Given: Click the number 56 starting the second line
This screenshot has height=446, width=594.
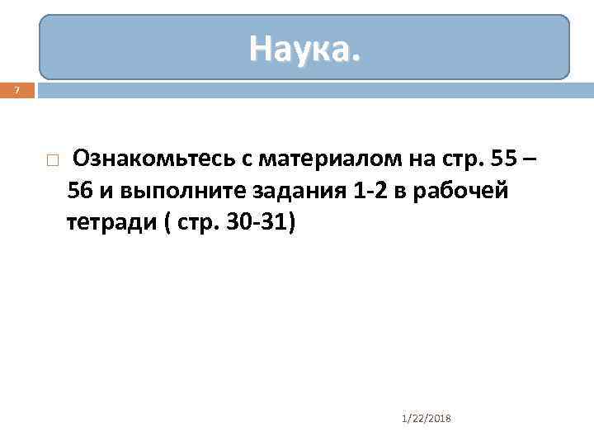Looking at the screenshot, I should [x=81, y=191].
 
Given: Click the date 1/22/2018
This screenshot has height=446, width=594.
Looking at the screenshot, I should [x=426, y=419].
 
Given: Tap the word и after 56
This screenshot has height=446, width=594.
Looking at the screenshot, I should [x=106, y=191].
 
